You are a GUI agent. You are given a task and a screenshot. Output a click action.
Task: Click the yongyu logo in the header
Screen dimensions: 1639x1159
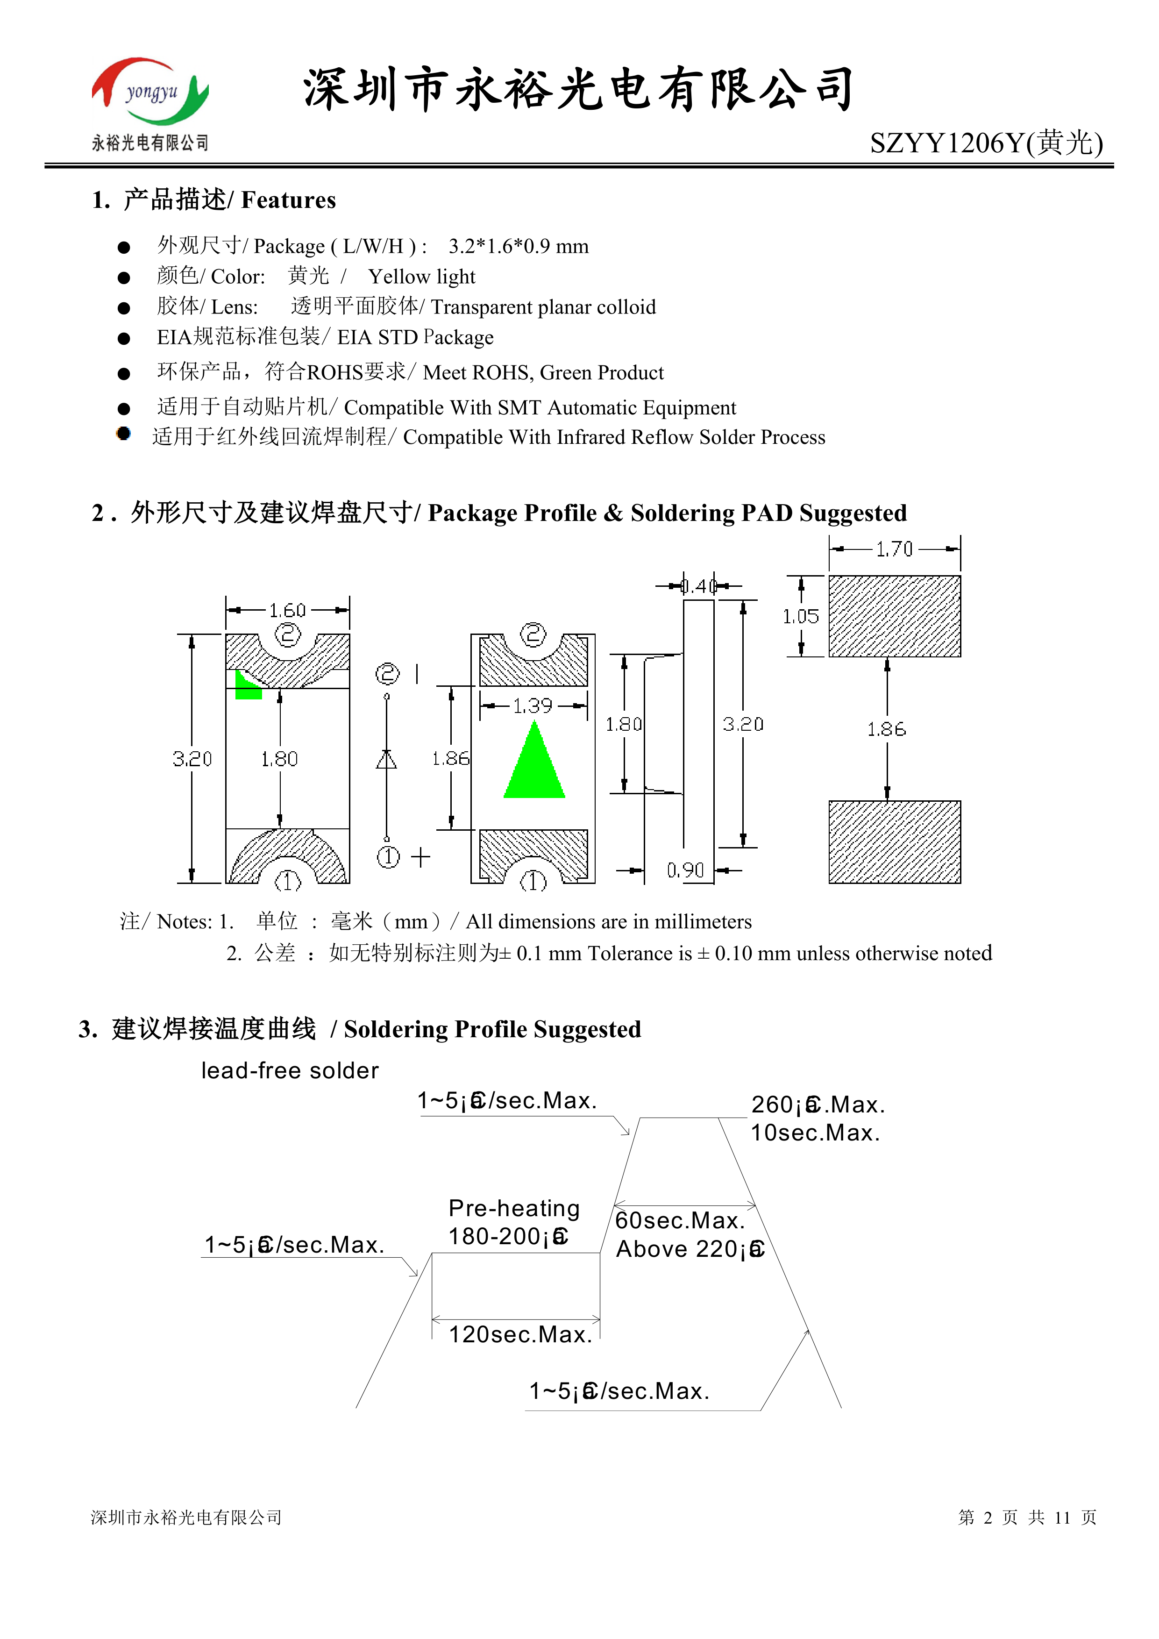pyautogui.click(x=150, y=93)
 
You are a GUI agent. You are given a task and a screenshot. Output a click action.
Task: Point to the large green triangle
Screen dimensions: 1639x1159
pyautogui.click(x=534, y=764)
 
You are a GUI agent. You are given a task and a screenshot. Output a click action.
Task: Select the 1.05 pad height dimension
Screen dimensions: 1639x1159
pyautogui.click(x=800, y=617)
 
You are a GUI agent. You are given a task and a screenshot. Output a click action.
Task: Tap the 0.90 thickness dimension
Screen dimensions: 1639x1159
pyautogui.click(x=685, y=870)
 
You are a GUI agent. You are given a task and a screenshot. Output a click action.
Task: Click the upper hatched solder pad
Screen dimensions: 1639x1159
pyautogui.click(x=894, y=616)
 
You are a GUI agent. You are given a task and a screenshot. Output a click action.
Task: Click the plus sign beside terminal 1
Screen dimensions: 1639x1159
pyautogui.click(x=421, y=856)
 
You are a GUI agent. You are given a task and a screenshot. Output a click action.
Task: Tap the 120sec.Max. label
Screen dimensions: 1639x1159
pyautogui.click(x=520, y=1334)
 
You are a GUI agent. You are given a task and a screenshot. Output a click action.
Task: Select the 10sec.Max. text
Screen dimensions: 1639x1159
pyautogui.click(x=815, y=1133)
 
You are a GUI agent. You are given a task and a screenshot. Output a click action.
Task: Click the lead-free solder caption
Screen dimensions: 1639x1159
pyautogui.click(x=290, y=1071)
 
